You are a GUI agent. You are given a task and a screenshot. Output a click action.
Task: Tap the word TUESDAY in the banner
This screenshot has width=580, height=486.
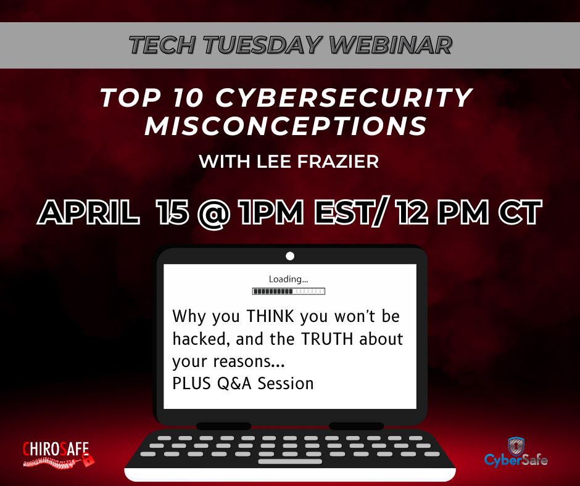(x=262, y=45)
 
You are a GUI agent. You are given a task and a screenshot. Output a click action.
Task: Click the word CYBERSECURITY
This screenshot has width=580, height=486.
(x=344, y=97)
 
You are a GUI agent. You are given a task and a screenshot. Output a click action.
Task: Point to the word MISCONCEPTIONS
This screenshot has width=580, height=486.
(x=286, y=126)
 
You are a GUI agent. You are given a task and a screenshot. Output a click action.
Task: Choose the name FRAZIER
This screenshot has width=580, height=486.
(x=338, y=162)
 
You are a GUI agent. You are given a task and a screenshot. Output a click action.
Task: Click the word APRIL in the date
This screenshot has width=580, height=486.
(x=89, y=212)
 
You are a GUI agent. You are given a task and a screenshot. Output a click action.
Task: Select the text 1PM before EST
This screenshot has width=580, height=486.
(x=271, y=212)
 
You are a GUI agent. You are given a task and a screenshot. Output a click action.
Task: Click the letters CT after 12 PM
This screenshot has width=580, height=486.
(x=520, y=212)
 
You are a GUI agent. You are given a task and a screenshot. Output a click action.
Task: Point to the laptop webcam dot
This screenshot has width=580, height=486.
(x=290, y=256)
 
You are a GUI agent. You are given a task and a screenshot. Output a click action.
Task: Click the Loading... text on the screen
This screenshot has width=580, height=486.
(x=288, y=279)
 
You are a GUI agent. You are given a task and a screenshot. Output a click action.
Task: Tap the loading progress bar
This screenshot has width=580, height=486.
(x=289, y=292)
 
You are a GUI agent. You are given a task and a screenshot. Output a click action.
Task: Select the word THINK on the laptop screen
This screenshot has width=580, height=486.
(x=270, y=316)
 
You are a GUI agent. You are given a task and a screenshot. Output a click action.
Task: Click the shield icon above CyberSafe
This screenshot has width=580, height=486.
(x=516, y=446)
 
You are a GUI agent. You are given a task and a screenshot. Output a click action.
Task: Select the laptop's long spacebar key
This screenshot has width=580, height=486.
(x=290, y=461)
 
